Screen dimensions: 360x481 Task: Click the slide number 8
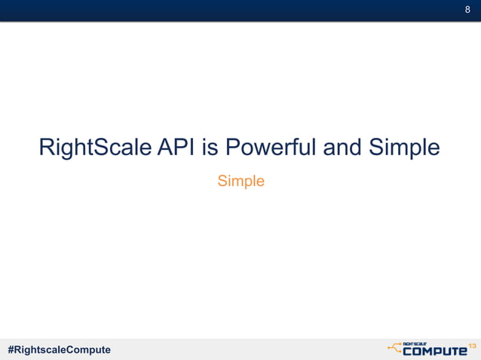click(467, 10)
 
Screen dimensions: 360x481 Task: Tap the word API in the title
click(178, 148)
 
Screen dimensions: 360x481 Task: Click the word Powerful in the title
click(270, 148)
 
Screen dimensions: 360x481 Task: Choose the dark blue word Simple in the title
click(404, 148)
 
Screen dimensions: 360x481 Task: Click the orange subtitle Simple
click(240, 182)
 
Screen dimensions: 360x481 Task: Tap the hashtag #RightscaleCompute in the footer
click(59, 349)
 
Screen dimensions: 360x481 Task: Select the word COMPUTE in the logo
click(435, 350)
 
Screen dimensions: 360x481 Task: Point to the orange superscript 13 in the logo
click(473, 345)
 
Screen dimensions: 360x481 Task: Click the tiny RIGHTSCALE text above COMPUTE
click(417, 342)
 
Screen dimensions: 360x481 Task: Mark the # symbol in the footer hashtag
click(11, 349)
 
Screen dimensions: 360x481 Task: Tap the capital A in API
click(167, 148)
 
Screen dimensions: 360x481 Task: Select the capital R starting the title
click(47, 148)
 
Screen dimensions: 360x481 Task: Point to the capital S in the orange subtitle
click(222, 182)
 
